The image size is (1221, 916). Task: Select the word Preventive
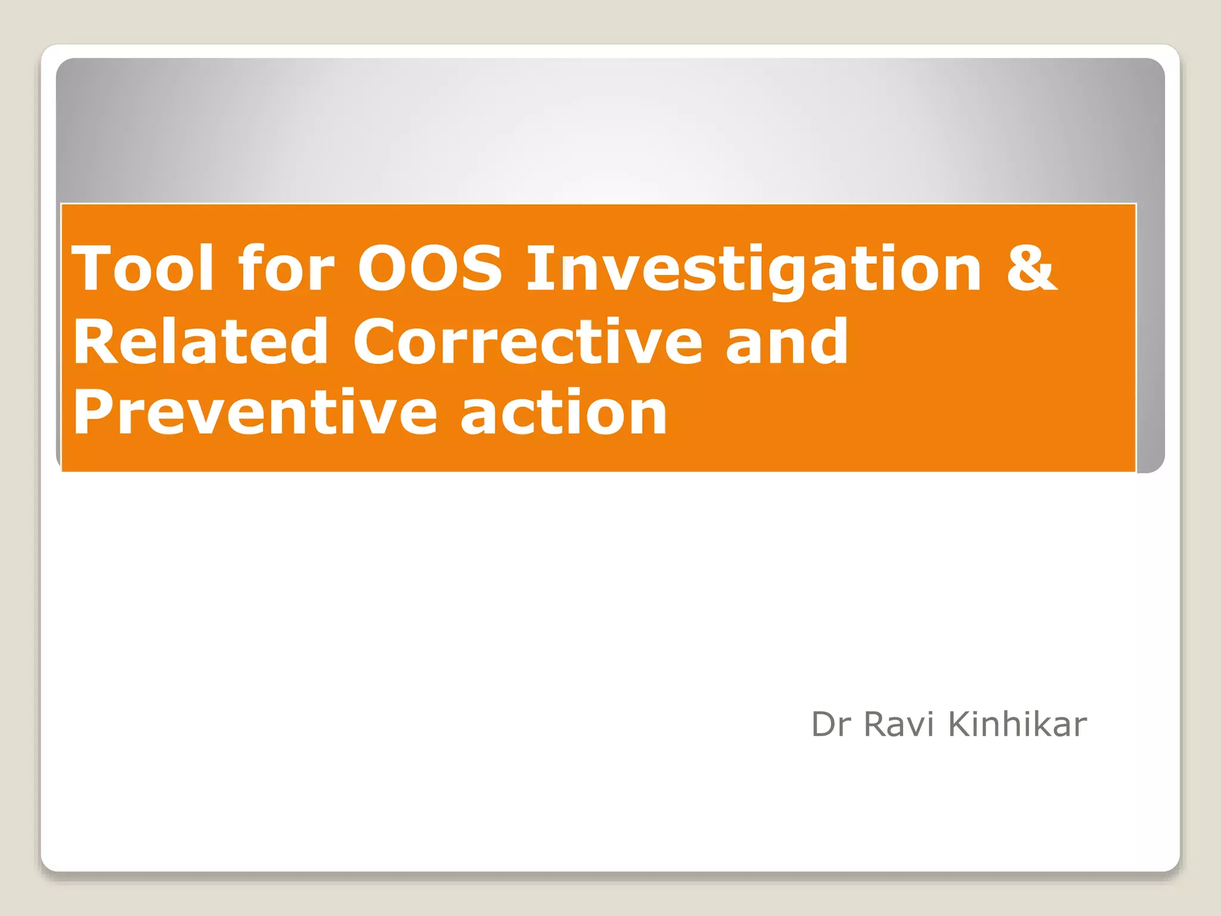pyautogui.click(x=255, y=413)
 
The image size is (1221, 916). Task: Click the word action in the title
pyautogui.click(x=563, y=413)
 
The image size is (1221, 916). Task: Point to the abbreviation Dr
pyautogui.click(x=831, y=725)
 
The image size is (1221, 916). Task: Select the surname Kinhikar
pyautogui.click(x=1017, y=725)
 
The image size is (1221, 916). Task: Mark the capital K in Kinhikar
pyautogui.click(x=960, y=725)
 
